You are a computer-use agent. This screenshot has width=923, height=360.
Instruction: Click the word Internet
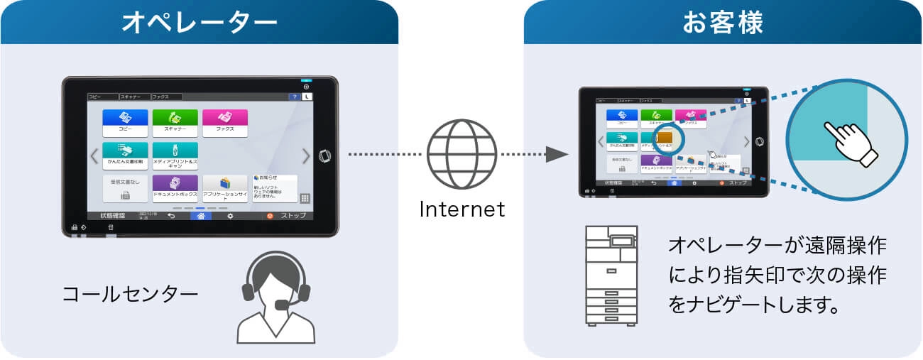461,209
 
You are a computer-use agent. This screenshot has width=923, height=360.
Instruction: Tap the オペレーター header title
199,23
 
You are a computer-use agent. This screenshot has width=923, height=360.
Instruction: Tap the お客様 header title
723,23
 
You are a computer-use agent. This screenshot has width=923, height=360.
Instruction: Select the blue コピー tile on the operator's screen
125,122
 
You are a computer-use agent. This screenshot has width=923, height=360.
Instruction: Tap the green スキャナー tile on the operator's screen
175,122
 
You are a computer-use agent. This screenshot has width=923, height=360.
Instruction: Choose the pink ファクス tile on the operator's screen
225,122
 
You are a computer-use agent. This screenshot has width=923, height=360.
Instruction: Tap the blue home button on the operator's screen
201,216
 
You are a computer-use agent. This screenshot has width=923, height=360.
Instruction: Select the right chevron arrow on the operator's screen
306,156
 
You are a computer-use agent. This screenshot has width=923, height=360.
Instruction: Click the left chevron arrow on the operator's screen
94,156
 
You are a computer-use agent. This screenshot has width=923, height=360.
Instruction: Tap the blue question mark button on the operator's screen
294,97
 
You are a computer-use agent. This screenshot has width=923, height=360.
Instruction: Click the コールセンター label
129,293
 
